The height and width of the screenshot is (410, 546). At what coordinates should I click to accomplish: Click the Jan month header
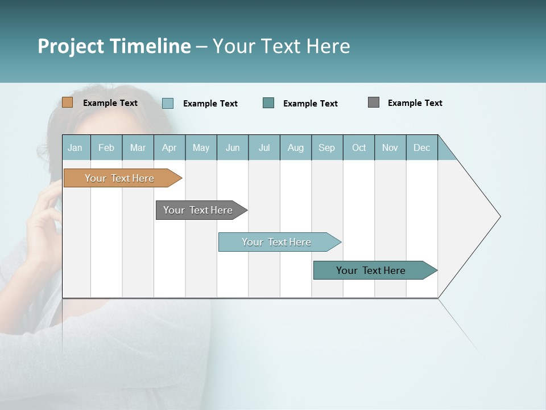[x=75, y=147]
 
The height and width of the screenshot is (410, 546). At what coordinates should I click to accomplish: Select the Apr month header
[x=169, y=147]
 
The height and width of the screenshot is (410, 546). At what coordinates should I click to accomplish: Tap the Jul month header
[x=264, y=147]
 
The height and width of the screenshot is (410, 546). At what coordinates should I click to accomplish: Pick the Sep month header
[x=326, y=147]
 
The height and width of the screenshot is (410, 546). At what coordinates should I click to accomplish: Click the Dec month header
[x=421, y=147]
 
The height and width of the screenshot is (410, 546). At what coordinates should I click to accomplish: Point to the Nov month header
[x=390, y=147]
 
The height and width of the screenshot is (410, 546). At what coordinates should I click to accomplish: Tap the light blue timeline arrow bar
[x=277, y=242]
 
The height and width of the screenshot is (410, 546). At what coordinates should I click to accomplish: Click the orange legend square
[x=67, y=102]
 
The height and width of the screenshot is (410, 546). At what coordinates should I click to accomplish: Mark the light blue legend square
[x=168, y=103]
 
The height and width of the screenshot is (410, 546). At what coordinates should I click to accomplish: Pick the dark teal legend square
[x=268, y=102]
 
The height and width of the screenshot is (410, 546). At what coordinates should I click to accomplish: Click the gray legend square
[x=374, y=102]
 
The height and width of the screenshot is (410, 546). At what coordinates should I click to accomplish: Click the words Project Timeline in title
[x=114, y=46]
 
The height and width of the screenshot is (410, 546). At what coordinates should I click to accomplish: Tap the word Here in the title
[x=328, y=46]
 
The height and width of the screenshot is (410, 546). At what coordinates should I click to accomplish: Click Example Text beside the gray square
[x=415, y=103]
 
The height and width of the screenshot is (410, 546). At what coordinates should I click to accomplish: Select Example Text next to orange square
[x=110, y=103]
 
